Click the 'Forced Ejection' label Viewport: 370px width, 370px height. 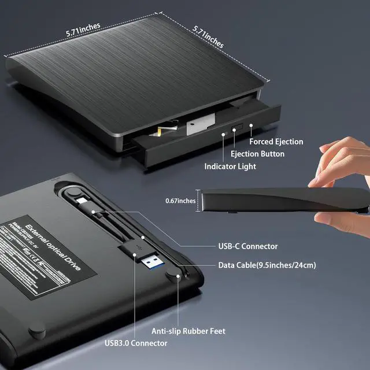[276, 142]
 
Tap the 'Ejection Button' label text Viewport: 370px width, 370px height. [257, 154]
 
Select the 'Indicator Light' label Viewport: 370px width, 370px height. [230, 166]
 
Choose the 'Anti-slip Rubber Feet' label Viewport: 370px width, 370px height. [188, 331]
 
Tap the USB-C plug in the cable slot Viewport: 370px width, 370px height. [85, 203]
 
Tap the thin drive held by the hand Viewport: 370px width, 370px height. [277, 202]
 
